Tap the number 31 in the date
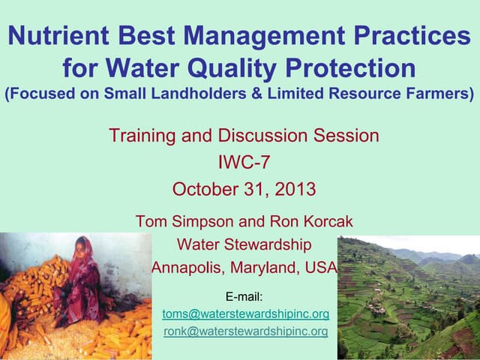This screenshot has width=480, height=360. (250, 188)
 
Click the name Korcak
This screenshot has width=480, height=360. (322, 222)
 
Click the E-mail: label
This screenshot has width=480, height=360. (244, 295)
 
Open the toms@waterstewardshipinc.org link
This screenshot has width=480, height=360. (246, 313)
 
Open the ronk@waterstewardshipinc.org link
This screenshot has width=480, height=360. (246, 331)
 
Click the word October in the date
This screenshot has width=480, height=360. (202, 188)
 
